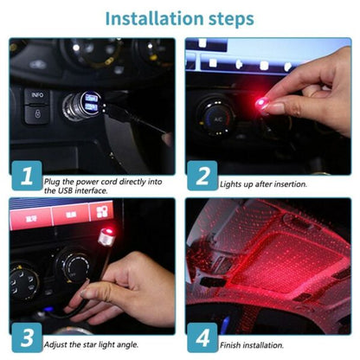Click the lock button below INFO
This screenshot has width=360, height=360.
(36, 116)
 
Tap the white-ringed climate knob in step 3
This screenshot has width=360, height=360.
(71, 264)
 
